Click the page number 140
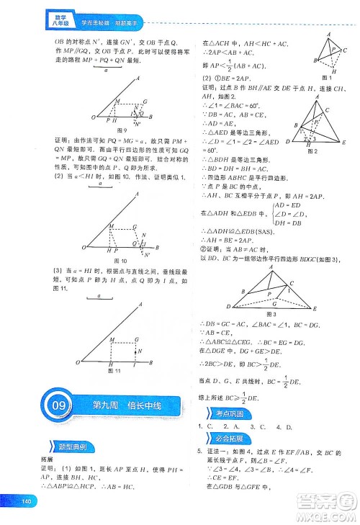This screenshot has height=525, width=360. (28, 502)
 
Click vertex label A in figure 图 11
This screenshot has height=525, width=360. (140, 305)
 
